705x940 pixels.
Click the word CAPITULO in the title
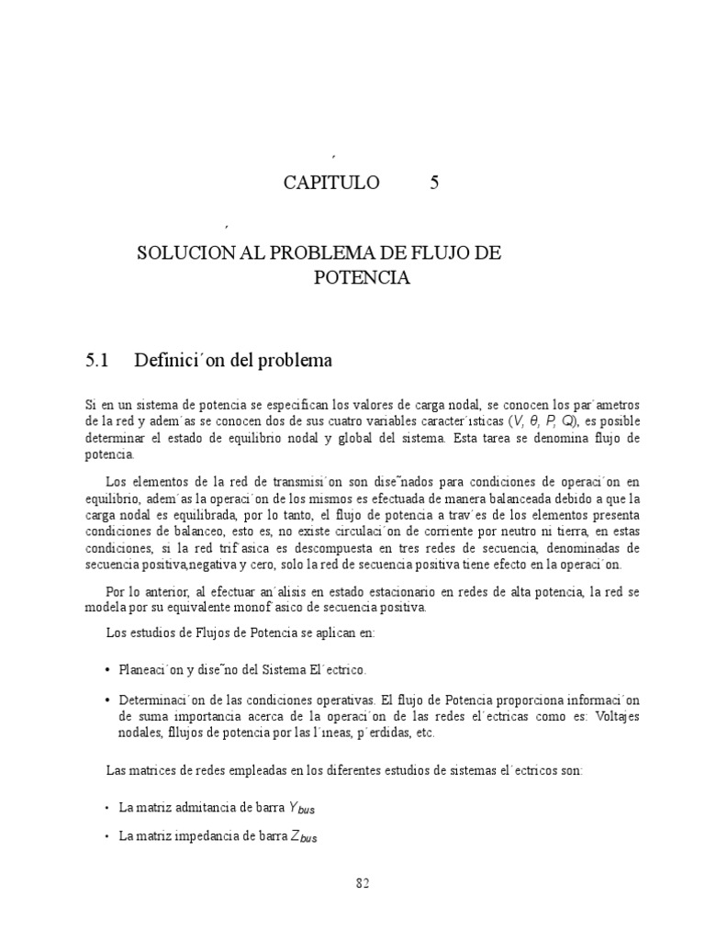coord(330,183)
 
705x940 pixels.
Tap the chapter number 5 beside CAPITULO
coord(434,183)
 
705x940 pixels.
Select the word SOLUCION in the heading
coord(175,252)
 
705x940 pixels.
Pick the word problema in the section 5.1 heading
coord(297,361)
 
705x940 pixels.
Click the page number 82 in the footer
coord(362,884)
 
